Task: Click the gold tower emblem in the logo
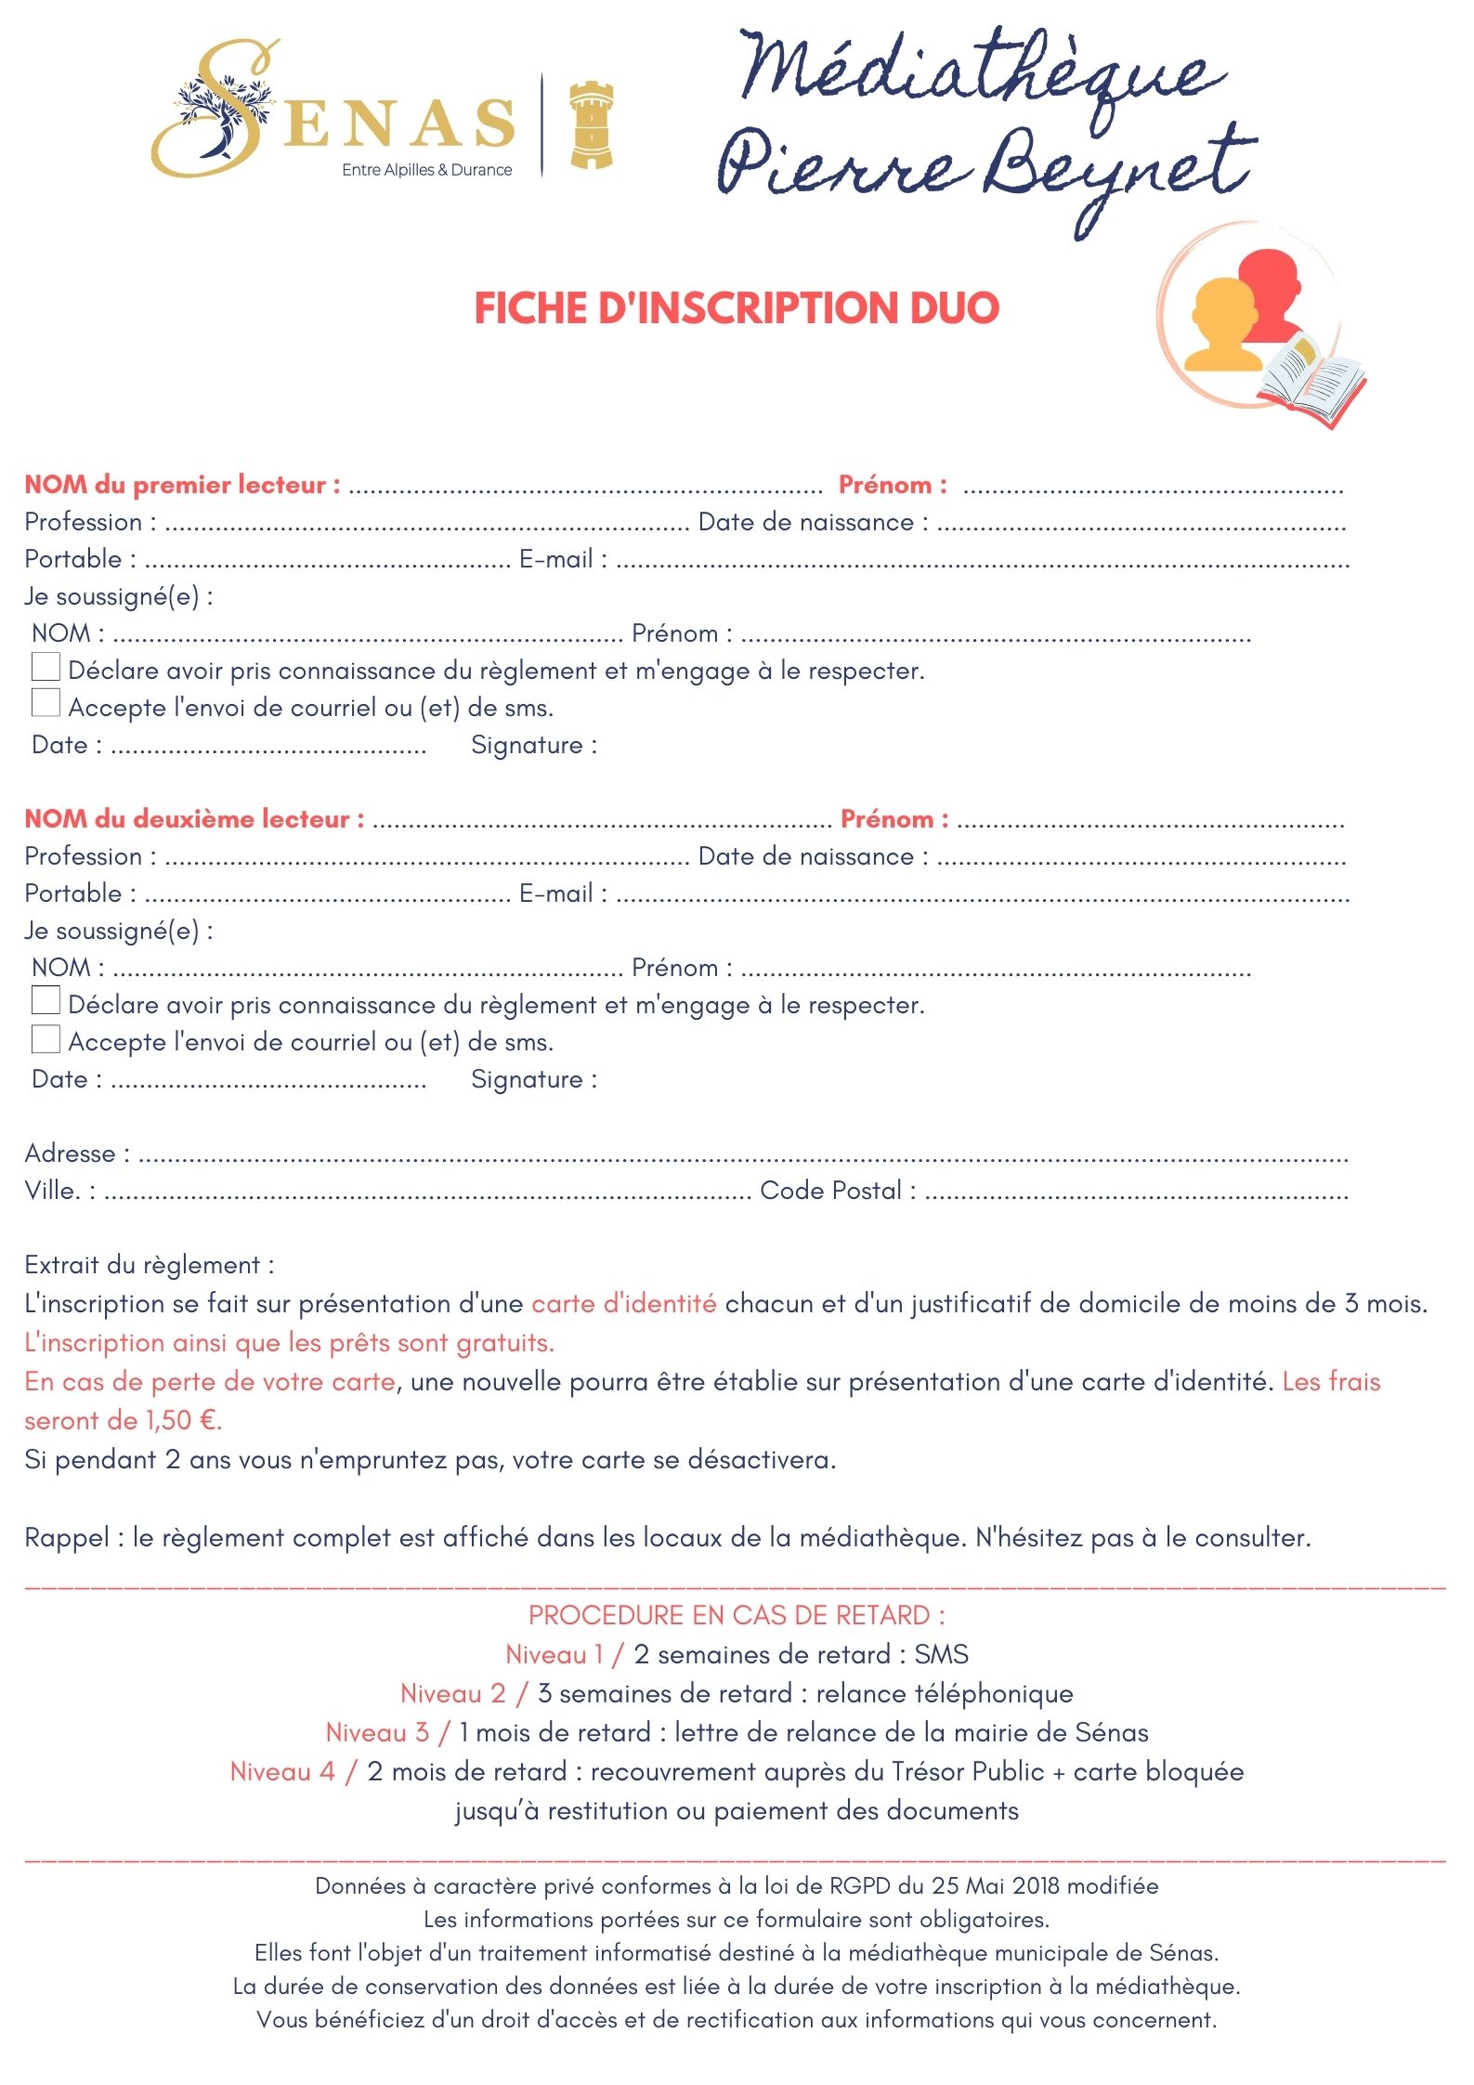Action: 591,125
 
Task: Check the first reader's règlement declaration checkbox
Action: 46,667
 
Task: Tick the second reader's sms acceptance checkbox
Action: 46,1038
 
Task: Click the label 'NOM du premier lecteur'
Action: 182,485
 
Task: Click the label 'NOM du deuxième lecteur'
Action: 194,819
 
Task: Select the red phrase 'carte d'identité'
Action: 623,1304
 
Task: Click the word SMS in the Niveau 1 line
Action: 941,1654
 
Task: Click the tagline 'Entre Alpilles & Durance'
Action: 426,170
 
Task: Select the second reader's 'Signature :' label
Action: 533,1079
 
